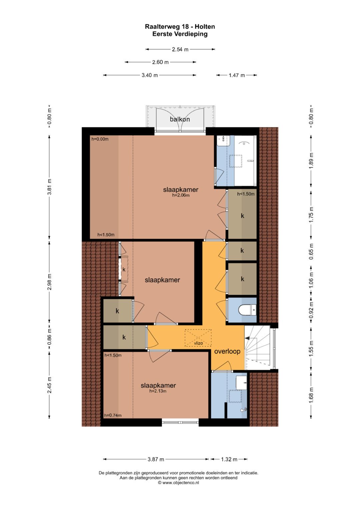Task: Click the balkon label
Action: pyautogui.click(x=180, y=119)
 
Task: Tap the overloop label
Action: pyautogui.click(x=227, y=351)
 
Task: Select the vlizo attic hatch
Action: pyautogui.click(x=198, y=338)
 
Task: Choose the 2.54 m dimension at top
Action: pyautogui.click(x=180, y=49)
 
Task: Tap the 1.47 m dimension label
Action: pyautogui.click(x=237, y=75)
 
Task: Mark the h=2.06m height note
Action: pyautogui.click(x=181, y=195)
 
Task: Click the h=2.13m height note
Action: pyautogui.click(x=158, y=391)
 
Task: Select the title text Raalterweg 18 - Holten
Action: pyautogui.click(x=180, y=27)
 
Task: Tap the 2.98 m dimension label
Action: pyautogui.click(x=50, y=282)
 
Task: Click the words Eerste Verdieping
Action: pyautogui.click(x=180, y=34)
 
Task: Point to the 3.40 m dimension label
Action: pyautogui.click(x=150, y=75)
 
